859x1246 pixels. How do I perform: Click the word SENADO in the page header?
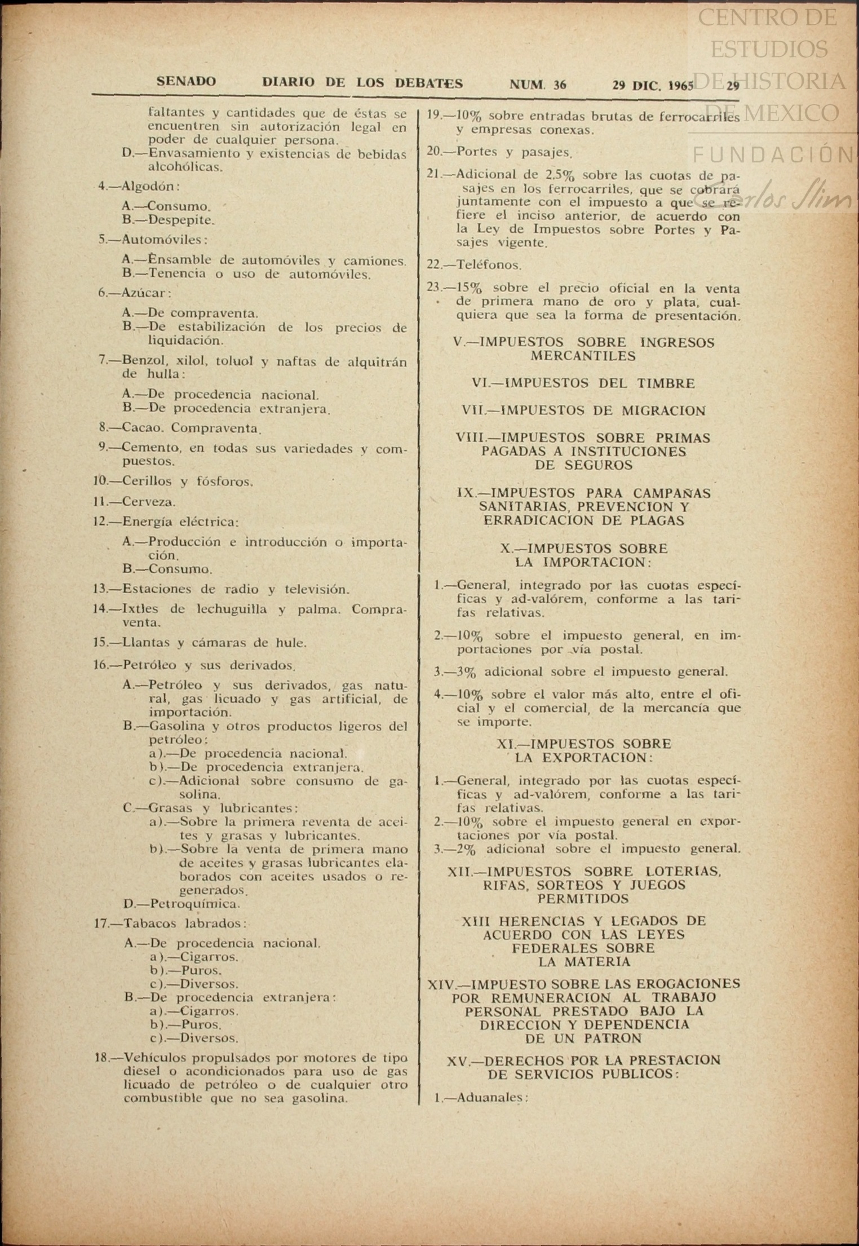[x=186, y=82]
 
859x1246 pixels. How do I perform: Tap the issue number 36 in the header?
[x=560, y=85]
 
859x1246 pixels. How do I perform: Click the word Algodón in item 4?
[x=148, y=187]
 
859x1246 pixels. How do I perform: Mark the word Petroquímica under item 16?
[x=194, y=904]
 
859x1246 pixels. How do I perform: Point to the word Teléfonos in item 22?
[x=489, y=264]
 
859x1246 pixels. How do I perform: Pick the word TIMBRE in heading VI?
[x=666, y=384]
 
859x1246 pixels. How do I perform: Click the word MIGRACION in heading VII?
[x=663, y=411]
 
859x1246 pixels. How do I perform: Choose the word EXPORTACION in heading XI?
[x=597, y=758]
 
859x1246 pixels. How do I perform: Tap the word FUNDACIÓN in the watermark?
[x=772, y=154]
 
